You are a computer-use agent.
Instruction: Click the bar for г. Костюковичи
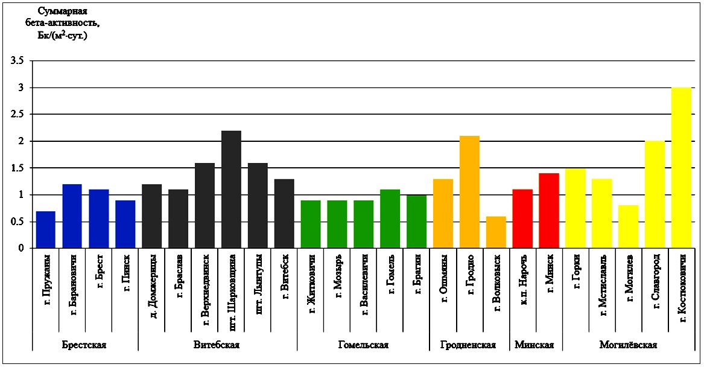click(x=681, y=168)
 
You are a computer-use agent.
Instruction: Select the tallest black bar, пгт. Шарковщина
click(x=231, y=190)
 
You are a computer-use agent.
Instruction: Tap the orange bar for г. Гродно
click(x=469, y=192)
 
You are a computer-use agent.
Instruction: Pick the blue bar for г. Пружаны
click(x=46, y=229)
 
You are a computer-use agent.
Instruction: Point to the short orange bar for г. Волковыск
click(x=496, y=232)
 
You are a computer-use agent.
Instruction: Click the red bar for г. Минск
click(x=549, y=211)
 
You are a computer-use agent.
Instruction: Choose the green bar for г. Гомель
click(x=390, y=219)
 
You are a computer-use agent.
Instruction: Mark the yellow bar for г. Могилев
click(x=628, y=227)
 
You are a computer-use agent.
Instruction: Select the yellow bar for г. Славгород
click(x=655, y=194)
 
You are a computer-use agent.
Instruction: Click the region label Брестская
click(x=84, y=345)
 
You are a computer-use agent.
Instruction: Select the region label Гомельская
click(x=363, y=345)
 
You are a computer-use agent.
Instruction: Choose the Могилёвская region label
click(x=628, y=345)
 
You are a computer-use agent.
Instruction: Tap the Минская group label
click(x=534, y=345)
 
